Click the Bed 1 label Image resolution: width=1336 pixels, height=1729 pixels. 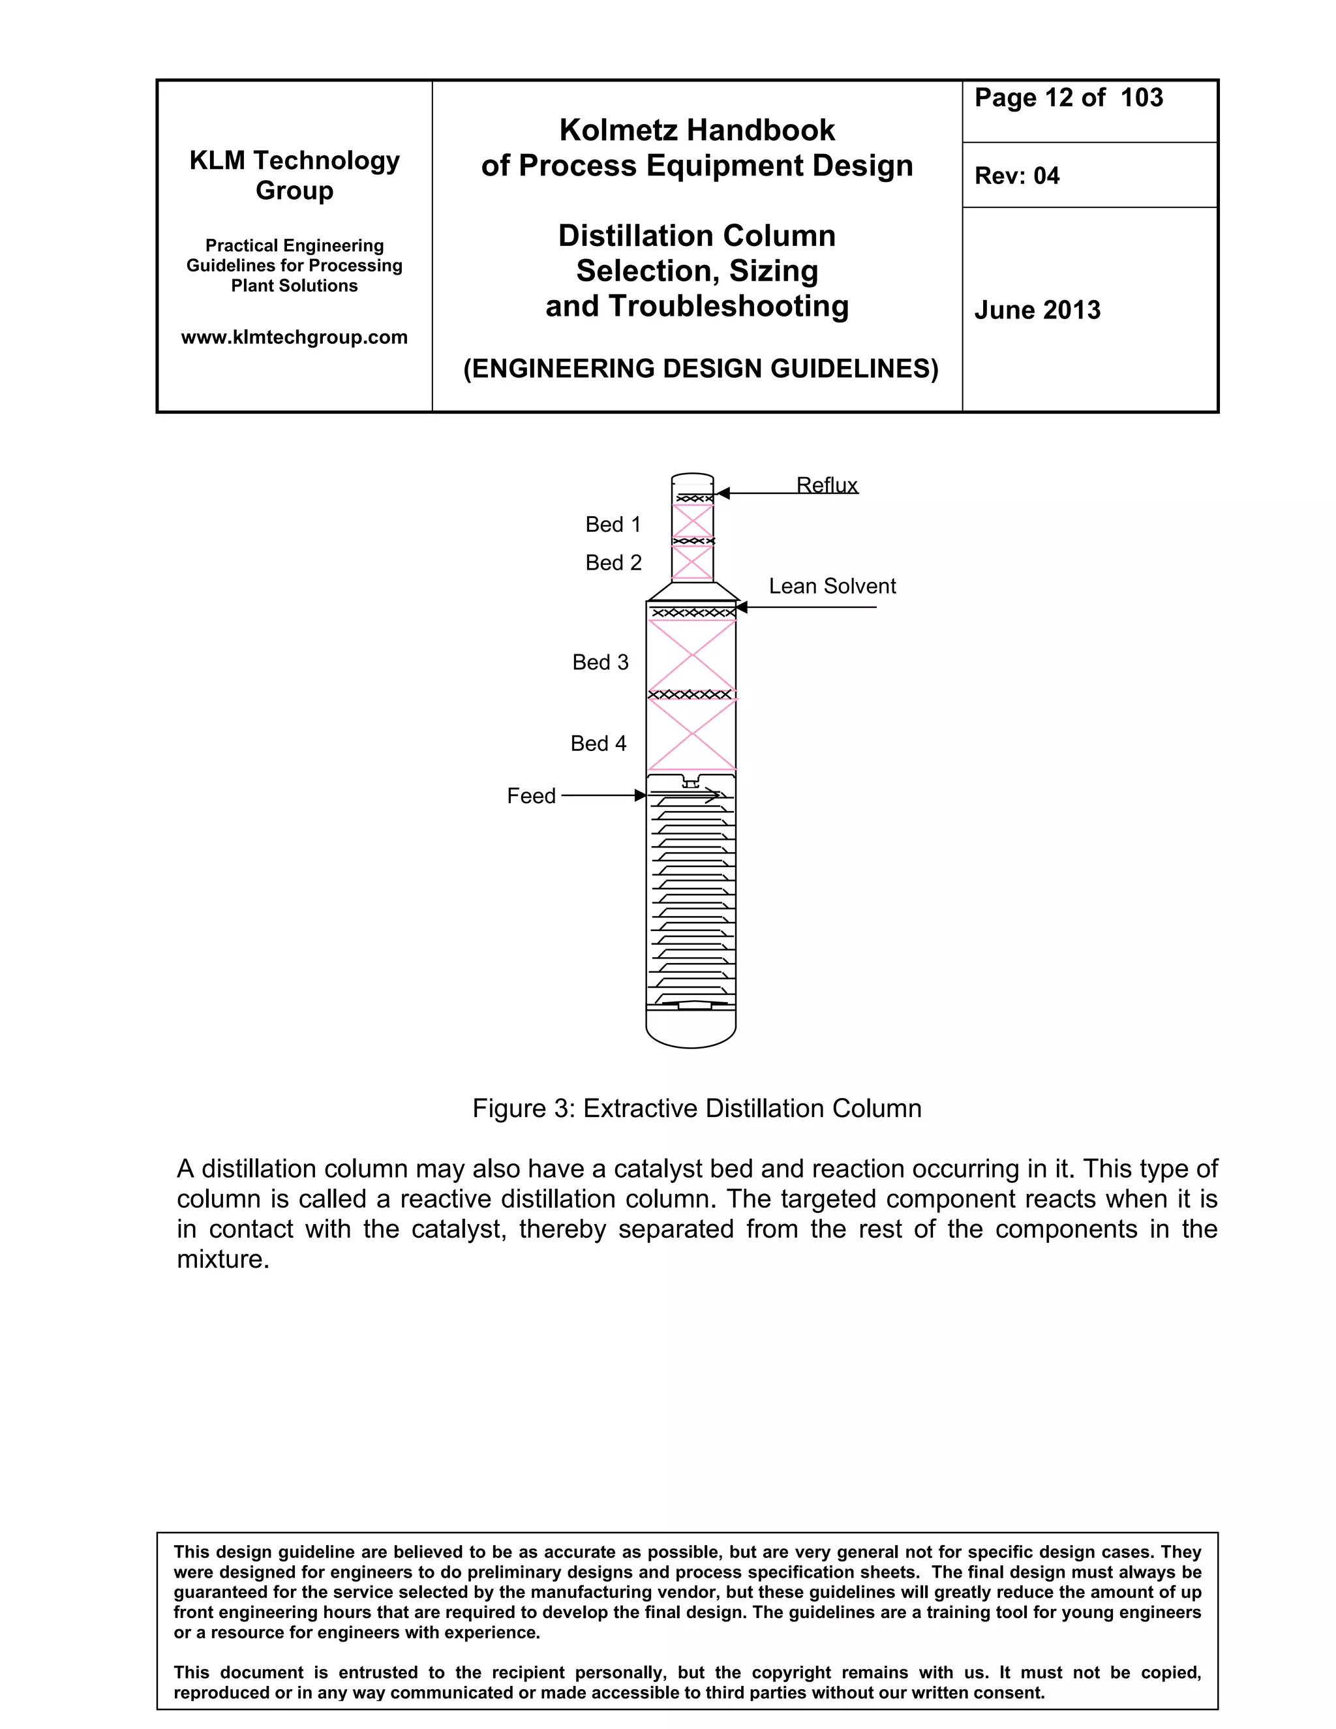click(x=613, y=524)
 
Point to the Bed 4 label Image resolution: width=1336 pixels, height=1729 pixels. click(x=598, y=743)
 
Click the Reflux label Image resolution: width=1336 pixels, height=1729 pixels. click(x=827, y=485)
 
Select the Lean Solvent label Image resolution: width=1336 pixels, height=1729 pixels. click(x=832, y=586)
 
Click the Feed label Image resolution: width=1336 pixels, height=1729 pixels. click(x=531, y=795)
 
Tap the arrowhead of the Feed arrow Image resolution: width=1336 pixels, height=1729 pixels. click(x=641, y=795)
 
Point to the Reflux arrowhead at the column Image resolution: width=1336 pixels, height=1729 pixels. click(x=722, y=493)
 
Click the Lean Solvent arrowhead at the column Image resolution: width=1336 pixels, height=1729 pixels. click(x=742, y=607)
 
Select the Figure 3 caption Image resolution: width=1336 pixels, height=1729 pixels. click(x=697, y=1109)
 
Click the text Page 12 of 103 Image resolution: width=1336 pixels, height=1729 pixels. click(x=1069, y=97)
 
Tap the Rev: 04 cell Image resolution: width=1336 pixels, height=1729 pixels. click(x=1016, y=176)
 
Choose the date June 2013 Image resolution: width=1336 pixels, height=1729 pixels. click(x=1037, y=309)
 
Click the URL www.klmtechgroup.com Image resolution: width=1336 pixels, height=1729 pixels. click(x=294, y=337)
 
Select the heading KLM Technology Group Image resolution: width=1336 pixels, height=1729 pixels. click(x=294, y=175)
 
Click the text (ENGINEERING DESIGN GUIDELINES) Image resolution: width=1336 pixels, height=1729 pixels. click(x=701, y=369)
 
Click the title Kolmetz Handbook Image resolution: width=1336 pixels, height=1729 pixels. click(x=697, y=130)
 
